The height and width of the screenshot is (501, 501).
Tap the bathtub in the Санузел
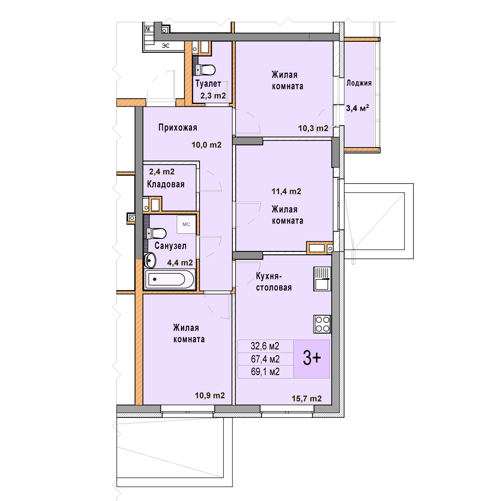169,279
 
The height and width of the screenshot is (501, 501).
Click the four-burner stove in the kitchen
322,324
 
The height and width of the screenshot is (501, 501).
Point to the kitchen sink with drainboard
322,279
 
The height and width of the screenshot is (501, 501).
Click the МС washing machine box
186,225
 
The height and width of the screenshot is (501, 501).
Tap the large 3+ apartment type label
312,358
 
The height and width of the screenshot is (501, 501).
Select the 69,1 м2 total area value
265,372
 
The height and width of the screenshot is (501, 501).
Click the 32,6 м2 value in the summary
265,346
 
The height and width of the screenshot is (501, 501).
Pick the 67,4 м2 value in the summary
265,359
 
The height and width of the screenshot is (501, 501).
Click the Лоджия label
359,83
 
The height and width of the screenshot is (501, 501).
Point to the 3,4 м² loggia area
358,108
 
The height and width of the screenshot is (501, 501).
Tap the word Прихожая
178,128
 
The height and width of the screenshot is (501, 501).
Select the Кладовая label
166,184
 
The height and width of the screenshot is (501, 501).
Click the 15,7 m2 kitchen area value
307,398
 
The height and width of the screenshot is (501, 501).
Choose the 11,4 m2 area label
286,191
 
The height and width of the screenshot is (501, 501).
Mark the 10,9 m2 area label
210,395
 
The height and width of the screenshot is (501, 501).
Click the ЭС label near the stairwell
166,46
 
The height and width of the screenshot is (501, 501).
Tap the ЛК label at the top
148,29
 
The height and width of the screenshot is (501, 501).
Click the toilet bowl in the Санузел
156,233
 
